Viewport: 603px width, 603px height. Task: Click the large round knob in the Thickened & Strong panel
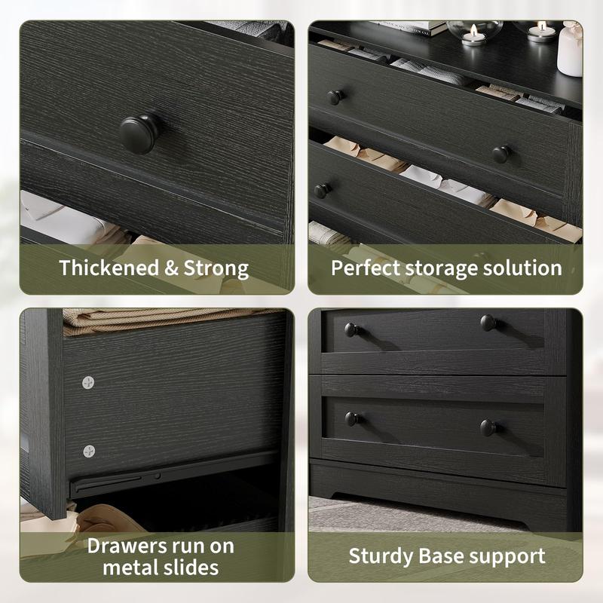139,133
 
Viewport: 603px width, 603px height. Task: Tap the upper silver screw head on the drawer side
88,382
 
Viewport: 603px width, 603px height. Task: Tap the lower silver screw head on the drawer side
89,451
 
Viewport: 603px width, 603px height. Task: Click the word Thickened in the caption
109,268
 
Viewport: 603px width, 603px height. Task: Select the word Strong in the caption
216,268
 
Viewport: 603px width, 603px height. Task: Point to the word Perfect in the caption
366,268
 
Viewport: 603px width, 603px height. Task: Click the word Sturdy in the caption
381,556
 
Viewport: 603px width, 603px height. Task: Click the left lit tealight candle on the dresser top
473,36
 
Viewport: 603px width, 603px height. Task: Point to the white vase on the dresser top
570,49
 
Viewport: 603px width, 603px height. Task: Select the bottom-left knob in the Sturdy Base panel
353,419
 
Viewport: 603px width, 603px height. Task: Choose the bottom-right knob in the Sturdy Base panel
489,427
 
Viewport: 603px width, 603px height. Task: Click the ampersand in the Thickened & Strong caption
171,268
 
